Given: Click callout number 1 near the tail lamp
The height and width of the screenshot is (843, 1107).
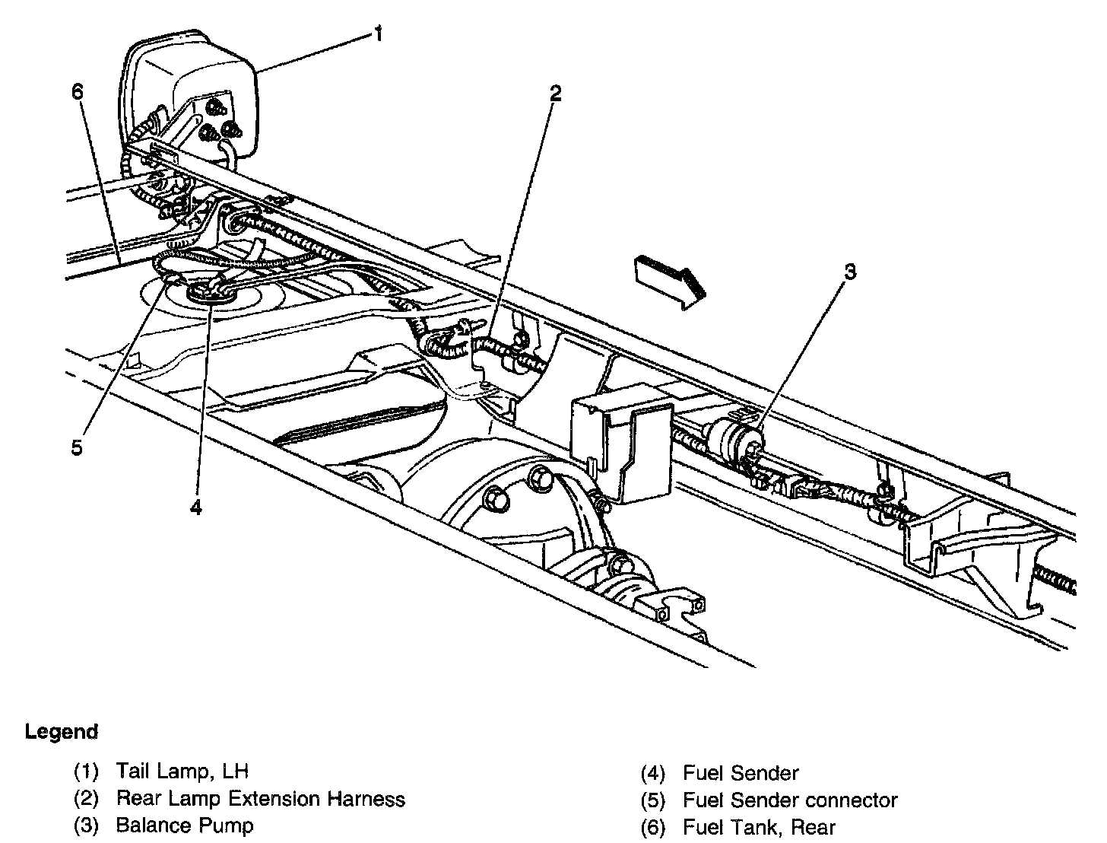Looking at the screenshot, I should click(377, 34).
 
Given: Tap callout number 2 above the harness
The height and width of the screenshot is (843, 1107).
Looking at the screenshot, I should click(556, 94).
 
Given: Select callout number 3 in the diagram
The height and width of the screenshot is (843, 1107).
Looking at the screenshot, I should click(849, 272).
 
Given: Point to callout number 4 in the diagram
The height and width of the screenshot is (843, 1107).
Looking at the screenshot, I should click(196, 507).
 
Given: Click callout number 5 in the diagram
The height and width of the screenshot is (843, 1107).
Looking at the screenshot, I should click(76, 447).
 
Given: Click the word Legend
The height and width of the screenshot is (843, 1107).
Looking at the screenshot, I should click(62, 732).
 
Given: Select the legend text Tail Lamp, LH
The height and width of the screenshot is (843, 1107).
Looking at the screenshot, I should click(182, 771).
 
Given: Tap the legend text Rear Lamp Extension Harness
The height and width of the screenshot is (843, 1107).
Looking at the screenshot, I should click(260, 799).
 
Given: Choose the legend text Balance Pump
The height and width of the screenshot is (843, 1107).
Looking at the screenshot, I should click(185, 826).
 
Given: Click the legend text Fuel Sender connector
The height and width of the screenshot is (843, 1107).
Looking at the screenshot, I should click(790, 800).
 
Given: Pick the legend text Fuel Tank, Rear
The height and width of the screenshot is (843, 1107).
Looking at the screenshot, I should click(759, 827).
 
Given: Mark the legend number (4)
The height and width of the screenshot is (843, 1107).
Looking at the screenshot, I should click(653, 774).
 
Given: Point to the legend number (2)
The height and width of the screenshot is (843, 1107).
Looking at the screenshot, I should click(86, 800).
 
